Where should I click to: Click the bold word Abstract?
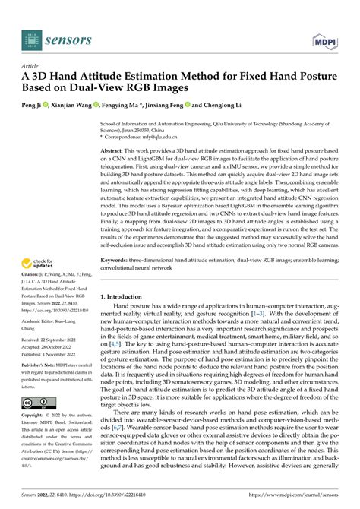(x=114, y=152)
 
